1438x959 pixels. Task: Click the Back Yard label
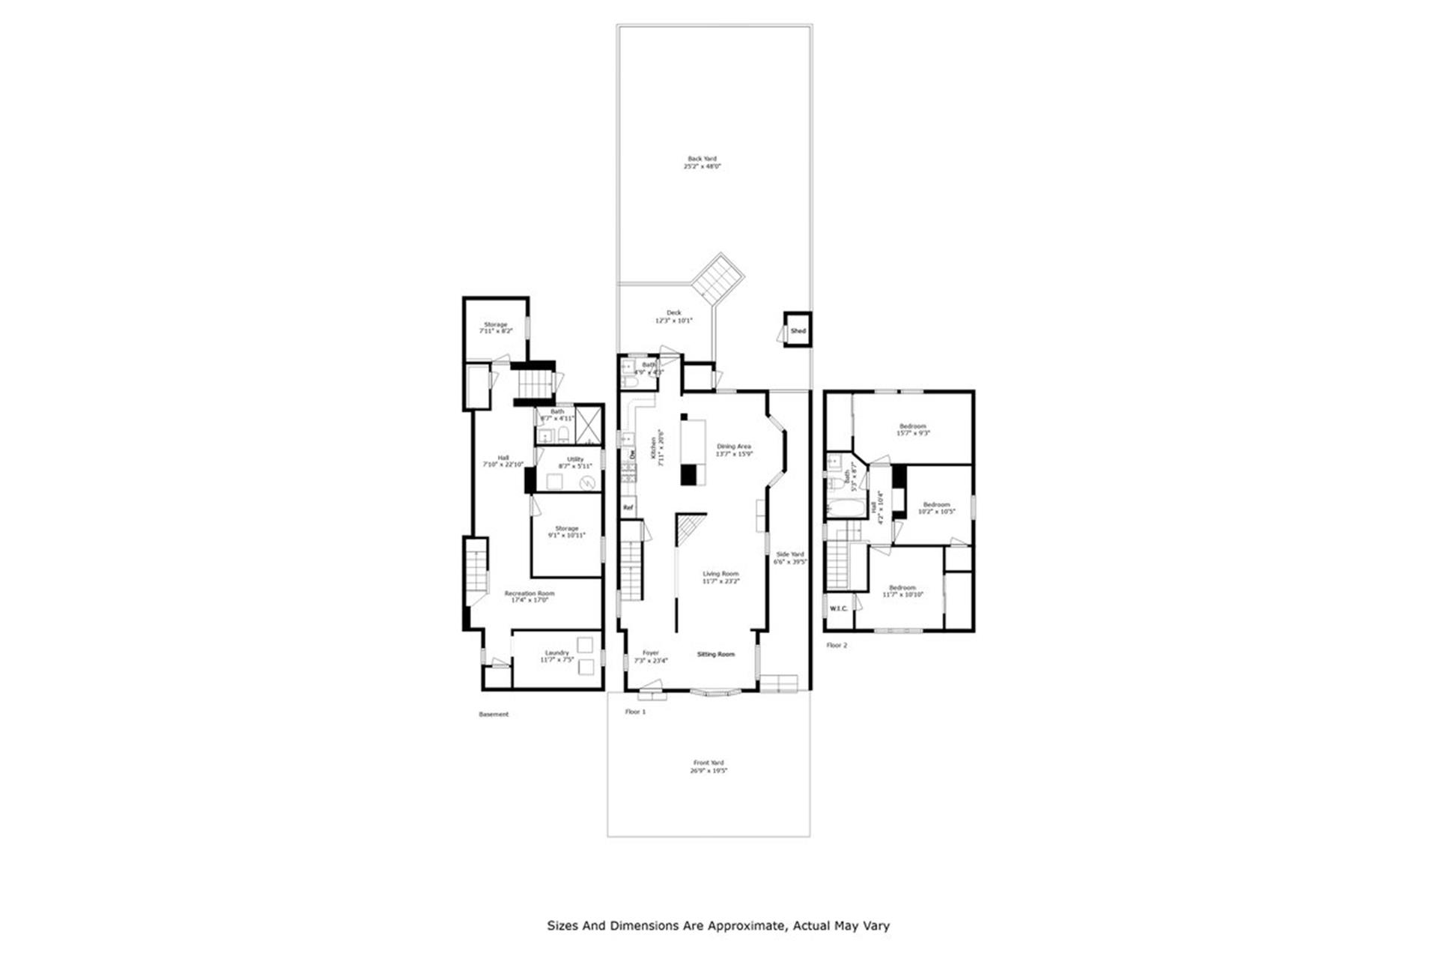[x=702, y=163]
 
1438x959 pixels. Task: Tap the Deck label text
[x=674, y=317]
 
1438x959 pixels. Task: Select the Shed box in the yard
[x=798, y=331]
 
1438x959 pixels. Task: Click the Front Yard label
[x=709, y=766]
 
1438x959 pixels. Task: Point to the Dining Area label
[x=733, y=450]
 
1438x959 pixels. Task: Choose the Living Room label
[x=720, y=577]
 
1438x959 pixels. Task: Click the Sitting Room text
[x=716, y=655]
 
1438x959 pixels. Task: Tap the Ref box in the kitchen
[x=628, y=508]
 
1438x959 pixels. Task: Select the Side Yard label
[x=790, y=557]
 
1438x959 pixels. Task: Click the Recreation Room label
[x=530, y=596]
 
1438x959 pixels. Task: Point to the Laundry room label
[x=557, y=656]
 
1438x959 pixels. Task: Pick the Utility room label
[x=575, y=462]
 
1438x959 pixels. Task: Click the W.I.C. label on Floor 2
[x=839, y=608]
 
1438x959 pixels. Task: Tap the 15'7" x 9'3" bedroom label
[x=913, y=429]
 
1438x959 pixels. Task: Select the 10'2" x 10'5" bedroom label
[x=936, y=508]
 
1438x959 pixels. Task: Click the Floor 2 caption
[x=837, y=645]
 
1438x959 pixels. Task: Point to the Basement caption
[x=494, y=715]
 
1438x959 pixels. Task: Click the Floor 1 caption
[x=635, y=712]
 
